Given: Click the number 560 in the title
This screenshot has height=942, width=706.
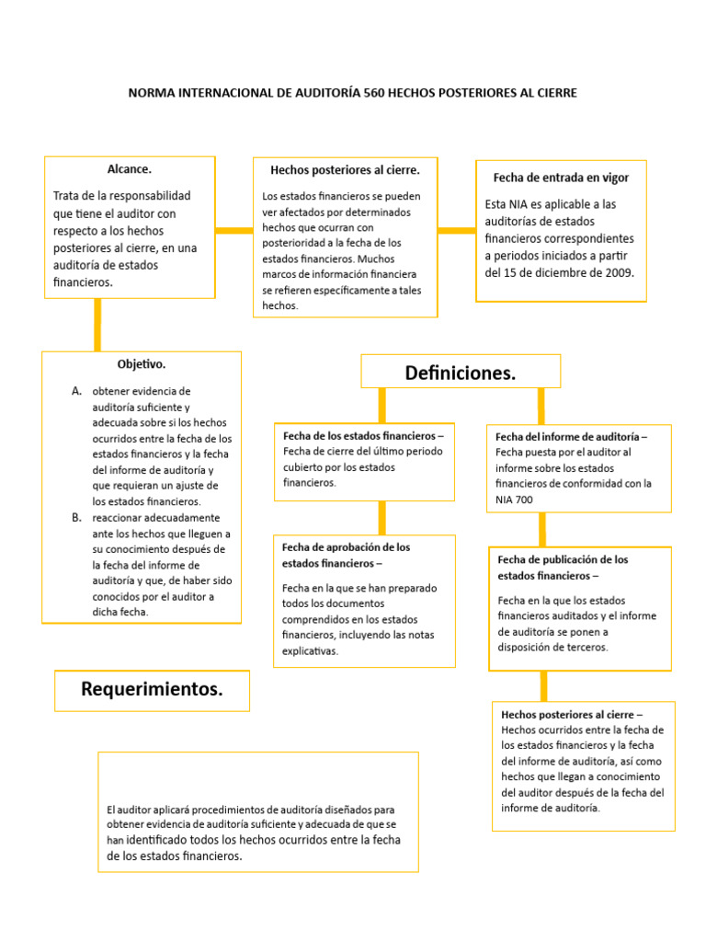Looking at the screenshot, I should [375, 93].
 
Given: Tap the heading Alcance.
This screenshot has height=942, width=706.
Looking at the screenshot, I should [129, 169].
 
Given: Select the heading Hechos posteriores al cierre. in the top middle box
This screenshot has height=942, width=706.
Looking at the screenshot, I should [345, 170].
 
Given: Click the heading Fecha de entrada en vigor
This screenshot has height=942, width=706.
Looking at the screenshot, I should [561, 178].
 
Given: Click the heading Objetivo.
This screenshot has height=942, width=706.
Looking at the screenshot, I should [142, 364].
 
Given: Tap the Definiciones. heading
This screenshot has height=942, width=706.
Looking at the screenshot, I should [461, 373].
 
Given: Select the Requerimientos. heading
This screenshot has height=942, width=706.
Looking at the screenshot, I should [152, 689].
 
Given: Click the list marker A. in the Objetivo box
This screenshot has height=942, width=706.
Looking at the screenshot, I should [77, 391].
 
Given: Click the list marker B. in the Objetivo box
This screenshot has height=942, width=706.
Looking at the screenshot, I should [77, 518].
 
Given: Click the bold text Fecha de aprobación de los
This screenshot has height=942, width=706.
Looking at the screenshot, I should [346, 546].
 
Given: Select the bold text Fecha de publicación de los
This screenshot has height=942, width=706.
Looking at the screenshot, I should [563, 559].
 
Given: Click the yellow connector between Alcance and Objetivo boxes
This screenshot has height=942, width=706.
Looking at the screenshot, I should [97, 325].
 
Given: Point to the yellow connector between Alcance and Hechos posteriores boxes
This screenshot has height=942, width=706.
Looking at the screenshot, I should [234, 230].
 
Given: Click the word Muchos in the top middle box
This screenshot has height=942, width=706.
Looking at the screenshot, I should [380, 258].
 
